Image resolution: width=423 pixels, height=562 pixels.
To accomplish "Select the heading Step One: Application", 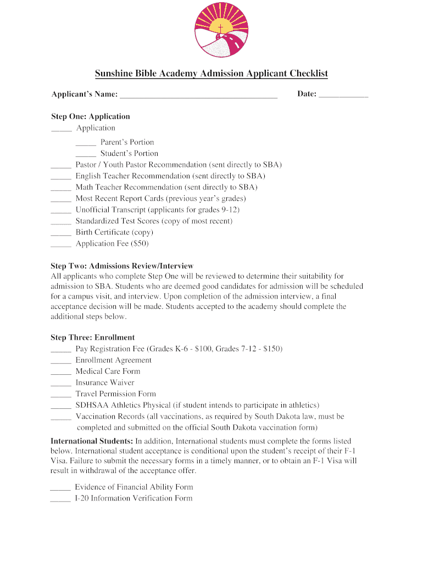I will [x=91, y=116].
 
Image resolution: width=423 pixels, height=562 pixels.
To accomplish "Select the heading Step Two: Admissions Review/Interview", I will [x=122, y=266].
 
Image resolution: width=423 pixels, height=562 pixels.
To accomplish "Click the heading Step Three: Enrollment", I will [x=93, y=338].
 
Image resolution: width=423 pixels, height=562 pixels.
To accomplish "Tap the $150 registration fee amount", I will [x=272, y=349].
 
